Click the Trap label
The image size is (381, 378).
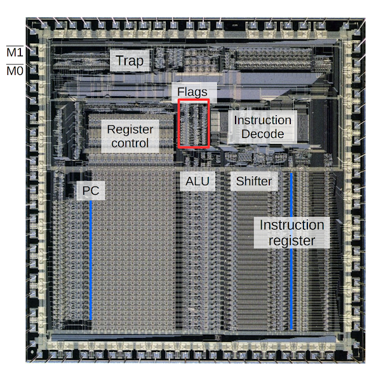[130, 62]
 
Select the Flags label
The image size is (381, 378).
[192, 92]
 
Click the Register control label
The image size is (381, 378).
[130, 136]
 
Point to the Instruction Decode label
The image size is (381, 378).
[262, 127]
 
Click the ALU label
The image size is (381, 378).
[197, 181]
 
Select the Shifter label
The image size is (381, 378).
[253, 181]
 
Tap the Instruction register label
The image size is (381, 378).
[291, 233]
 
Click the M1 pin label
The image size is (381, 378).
[14, 52]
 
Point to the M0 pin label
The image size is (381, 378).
[14, 70]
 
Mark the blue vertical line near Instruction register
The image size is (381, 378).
[291, 280]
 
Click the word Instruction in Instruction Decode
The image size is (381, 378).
[262, 120]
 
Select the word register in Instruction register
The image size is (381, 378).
[291, 241]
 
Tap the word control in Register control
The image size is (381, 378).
[130, 143]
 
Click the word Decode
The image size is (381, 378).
[262, 134]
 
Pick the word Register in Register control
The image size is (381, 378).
[130, 129]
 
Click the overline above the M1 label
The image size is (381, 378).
[14, 45]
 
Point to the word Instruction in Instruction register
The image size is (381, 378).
[291, 225]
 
